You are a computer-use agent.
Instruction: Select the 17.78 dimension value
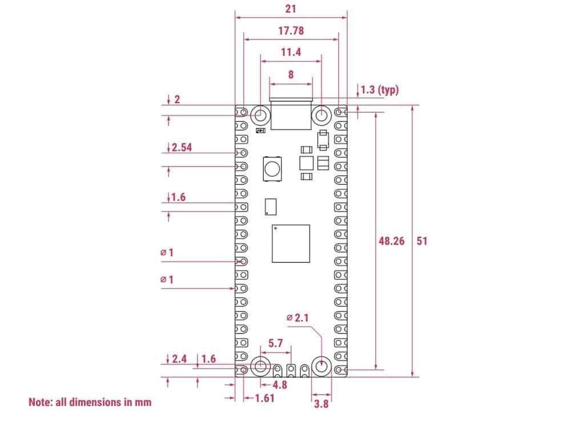pyautogui.click(x=291, y=31)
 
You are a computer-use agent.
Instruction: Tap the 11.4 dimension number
pyautogui.click(x=291, y=52)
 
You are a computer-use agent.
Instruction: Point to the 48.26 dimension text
pyautogui.click(x=391, y=241)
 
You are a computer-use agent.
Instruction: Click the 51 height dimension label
pyautogui.click(x=422, y=241)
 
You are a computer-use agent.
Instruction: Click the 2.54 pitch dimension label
pyautogui.click(x=182, y=147)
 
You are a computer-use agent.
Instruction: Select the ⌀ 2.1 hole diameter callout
pyautogui.click(x=297, y=317)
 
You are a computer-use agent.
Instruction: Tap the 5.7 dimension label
pyautogui.click(x=276, y=343)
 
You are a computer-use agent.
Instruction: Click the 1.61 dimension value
pyautogui.click(x=264, y=397)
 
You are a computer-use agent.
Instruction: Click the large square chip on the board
pyautogui.click(x=291, y=244)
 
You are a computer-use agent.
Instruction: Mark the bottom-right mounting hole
pyautogui.click(x=321, y=367)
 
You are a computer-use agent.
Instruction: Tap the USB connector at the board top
pyautogui.click(x=291, y=114)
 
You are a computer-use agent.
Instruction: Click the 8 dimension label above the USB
pyautogui.click(x=291, y=74)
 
